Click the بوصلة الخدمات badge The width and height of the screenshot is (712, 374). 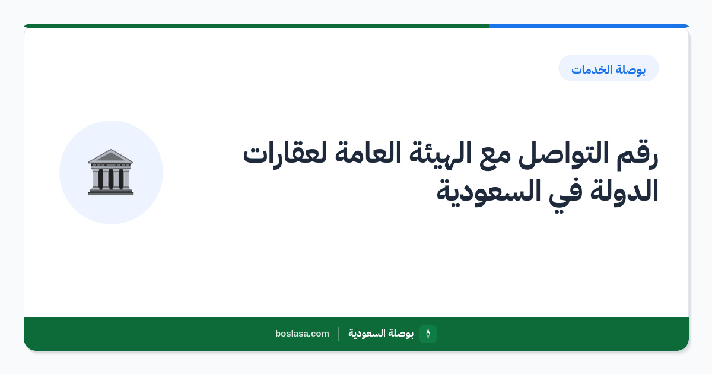point(608,68)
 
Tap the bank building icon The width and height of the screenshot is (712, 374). point(111,172)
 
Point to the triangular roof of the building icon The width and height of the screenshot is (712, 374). point(110,156)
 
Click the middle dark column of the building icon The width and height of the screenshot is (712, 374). point(111,179)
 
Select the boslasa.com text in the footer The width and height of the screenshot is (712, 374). point(302,334)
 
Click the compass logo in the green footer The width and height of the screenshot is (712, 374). point(428,334)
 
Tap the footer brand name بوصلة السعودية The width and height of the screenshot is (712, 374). point(381,333)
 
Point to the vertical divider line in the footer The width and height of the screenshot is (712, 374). point(339,334)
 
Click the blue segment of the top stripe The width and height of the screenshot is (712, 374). point(589,26)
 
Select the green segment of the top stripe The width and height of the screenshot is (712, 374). point(256,26)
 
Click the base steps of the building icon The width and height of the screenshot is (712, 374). point(111,192)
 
